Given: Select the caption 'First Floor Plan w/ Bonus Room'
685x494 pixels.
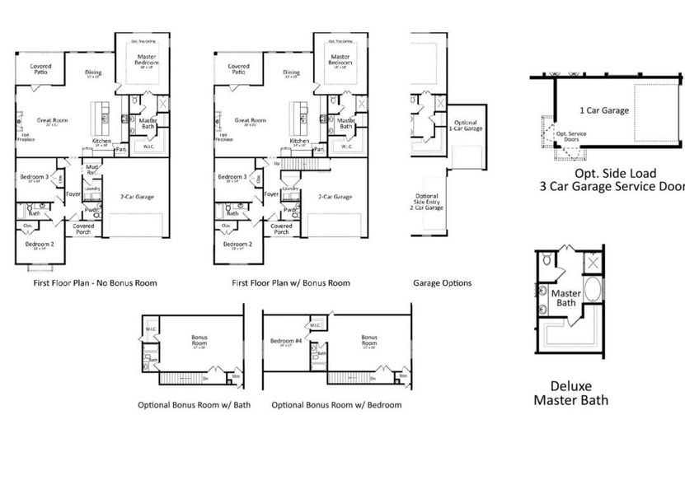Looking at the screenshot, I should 290,283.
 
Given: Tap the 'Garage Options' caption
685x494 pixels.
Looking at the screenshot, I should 442,283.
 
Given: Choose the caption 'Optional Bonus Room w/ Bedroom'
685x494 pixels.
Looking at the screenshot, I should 336,405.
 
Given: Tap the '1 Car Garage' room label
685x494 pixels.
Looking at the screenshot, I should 603,110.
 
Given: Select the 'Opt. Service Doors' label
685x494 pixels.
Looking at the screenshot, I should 572,137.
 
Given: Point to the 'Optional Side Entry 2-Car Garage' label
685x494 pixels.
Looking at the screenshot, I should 429,203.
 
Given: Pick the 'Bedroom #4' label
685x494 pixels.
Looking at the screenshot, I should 284,341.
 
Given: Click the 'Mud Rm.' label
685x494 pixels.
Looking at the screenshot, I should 92,170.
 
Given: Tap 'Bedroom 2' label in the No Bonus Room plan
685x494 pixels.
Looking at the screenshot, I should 39,245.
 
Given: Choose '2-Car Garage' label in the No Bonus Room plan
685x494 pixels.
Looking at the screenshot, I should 138,197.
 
